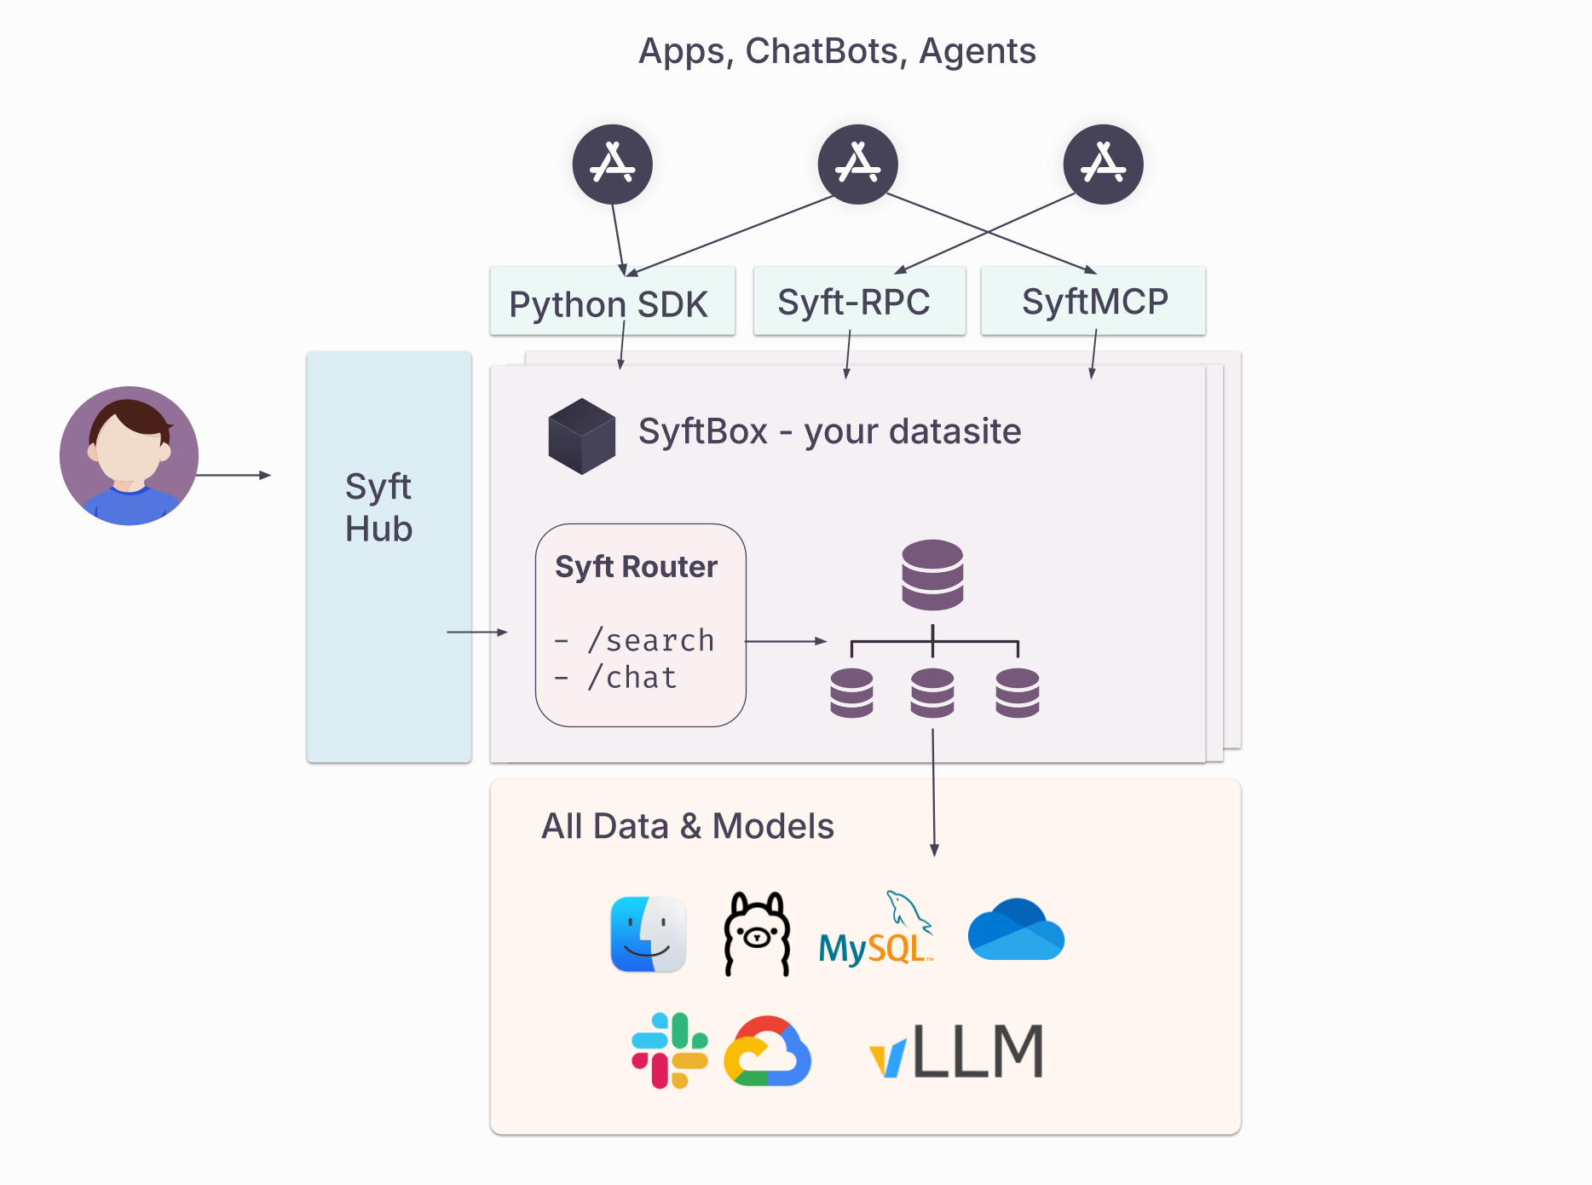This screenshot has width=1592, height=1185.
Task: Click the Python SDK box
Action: tap(612, 303)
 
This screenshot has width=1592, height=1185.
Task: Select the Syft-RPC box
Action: tap(858, 302)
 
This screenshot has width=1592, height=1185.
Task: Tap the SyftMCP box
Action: tap(1093, 301)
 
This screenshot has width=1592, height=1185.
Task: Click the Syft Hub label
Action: tap(379, 508)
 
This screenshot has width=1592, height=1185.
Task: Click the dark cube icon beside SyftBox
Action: tap(581, 436)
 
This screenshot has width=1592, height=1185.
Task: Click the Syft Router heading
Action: tap(636, 567)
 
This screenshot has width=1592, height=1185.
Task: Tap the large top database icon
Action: tap(932, 574)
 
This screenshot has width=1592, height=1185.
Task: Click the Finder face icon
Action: tap(649, 934)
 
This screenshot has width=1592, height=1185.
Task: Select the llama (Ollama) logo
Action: tap(756, 934)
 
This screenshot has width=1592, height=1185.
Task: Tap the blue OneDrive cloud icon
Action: tap(1016, 930)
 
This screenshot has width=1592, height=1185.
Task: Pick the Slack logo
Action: tap(669, 1050)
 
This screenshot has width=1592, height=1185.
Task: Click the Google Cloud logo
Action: tap(767, 1051)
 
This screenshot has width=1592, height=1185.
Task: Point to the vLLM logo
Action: tap(956, 1051)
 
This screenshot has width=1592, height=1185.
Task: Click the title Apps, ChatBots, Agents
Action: tap(837, 51)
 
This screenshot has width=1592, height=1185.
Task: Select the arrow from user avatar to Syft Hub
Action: tap(234, 475)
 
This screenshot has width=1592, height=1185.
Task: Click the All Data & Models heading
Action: tap(687, 826)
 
